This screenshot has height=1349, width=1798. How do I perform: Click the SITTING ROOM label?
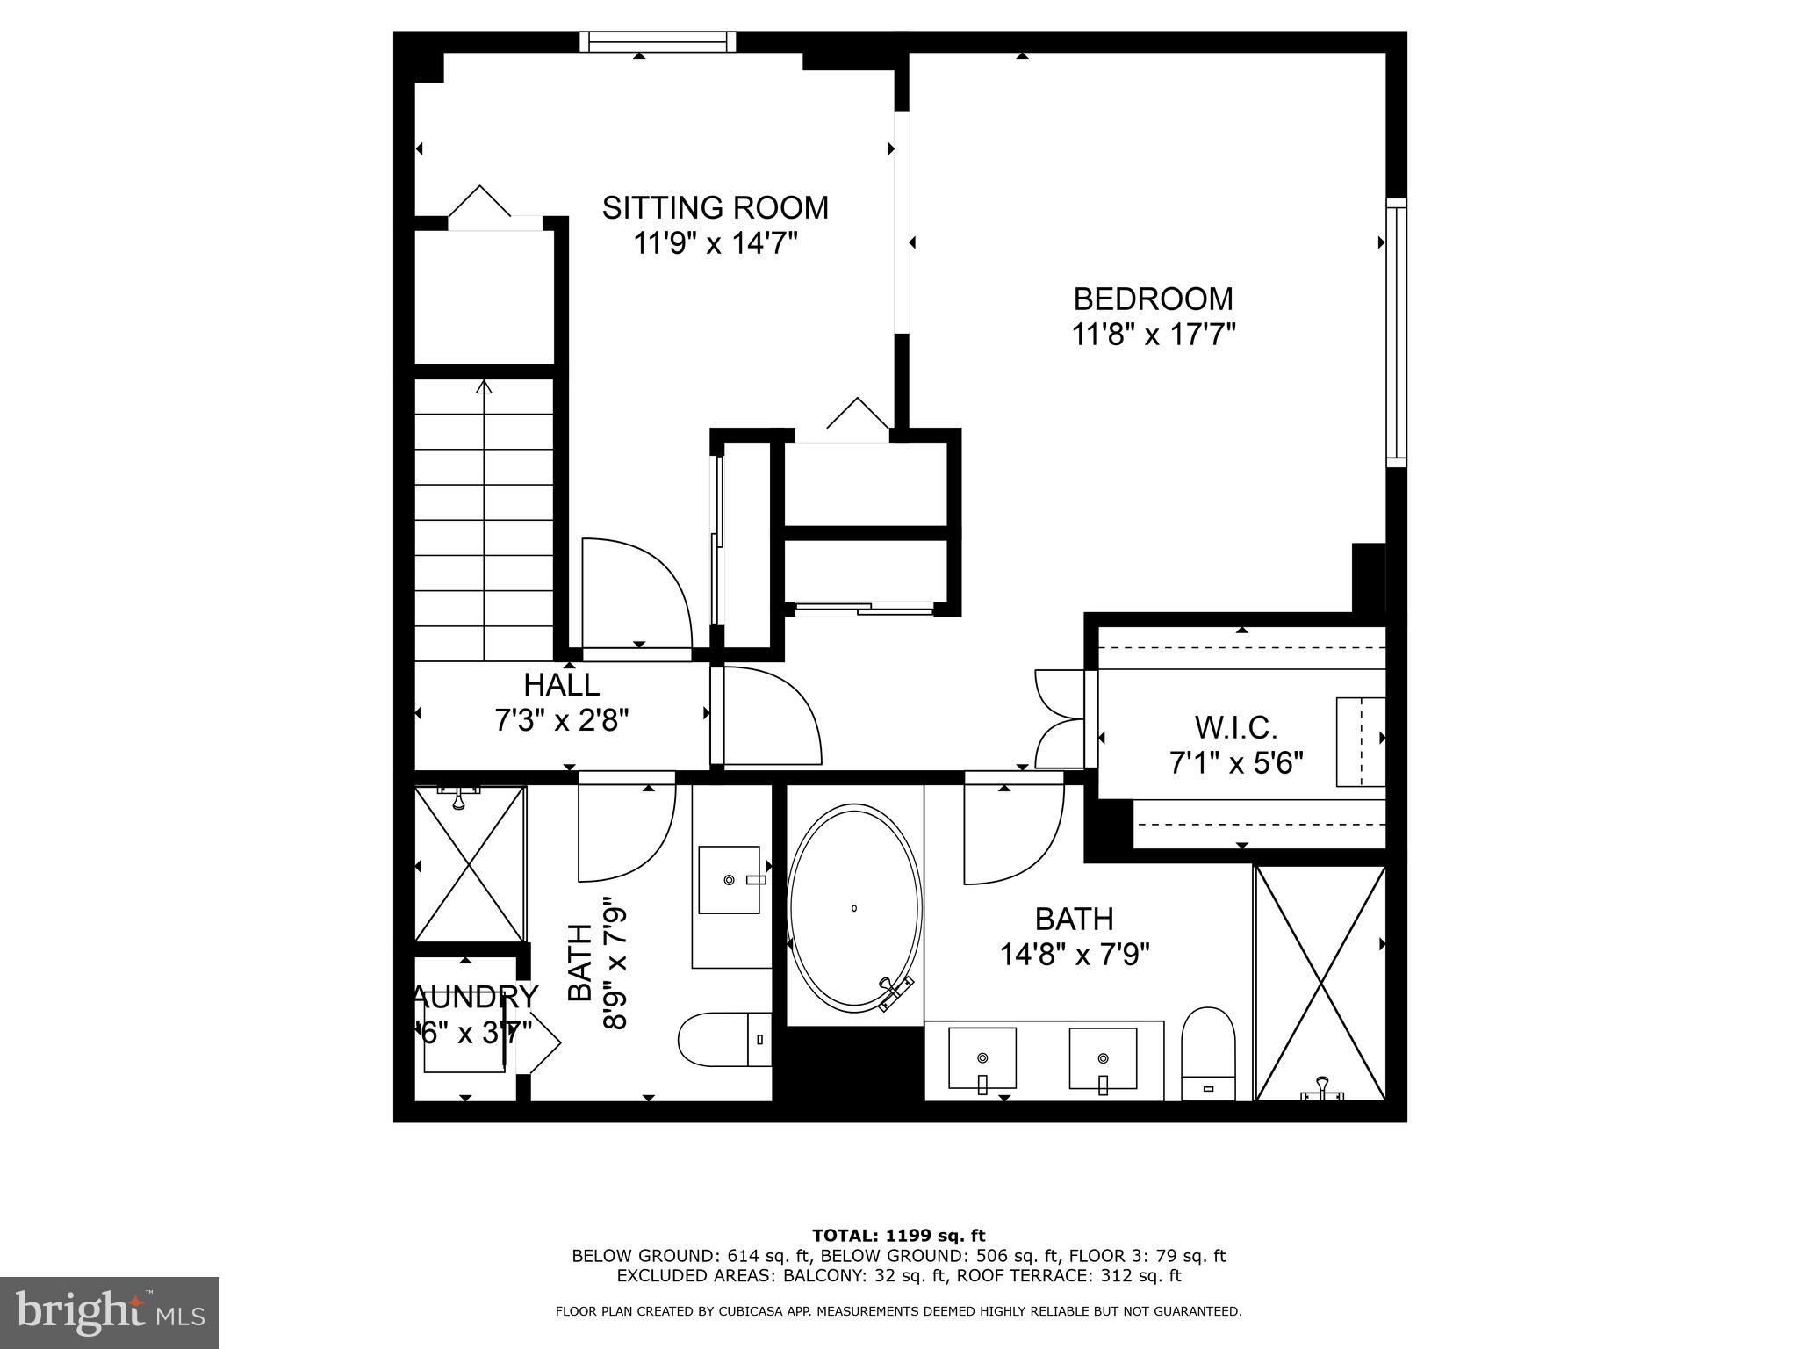coord(715,208)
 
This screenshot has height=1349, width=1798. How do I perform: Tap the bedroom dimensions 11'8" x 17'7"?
coord(1153,335)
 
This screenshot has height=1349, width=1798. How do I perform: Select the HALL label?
coord(561,684)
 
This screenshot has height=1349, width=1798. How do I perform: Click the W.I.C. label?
coord(1235,727)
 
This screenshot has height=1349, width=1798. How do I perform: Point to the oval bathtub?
coord(854,908)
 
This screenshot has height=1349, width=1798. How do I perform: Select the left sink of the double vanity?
coord(982,1059)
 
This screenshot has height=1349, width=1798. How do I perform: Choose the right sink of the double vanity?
coord(1103,1059)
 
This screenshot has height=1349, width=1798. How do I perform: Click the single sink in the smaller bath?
coord(730,879)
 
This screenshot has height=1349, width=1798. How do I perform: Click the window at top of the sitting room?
coord(658,41)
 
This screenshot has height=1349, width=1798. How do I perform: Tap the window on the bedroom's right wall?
coord(1396,332)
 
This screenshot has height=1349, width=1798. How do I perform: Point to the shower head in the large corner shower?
coord(1322,1091)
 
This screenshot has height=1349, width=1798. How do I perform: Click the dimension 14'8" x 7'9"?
coord(1075,955)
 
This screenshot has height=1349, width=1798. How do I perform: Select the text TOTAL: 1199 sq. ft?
coord(898,1237)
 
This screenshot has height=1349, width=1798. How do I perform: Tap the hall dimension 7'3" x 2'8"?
coord(561,721)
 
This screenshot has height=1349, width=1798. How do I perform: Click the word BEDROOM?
coord(1153,299)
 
